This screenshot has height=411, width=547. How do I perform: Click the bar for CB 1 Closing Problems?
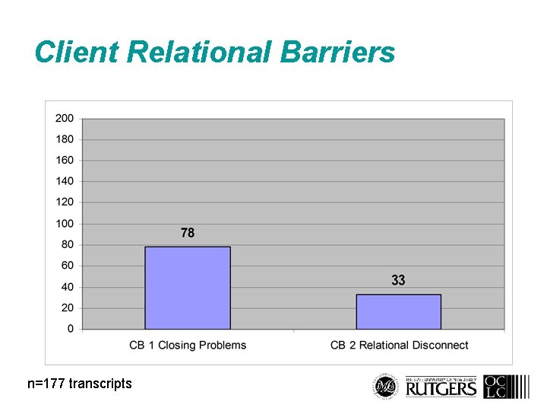188,288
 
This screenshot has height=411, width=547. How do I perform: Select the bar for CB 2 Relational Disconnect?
399,311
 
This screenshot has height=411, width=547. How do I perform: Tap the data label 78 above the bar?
188,233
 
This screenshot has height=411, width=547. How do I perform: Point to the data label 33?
399,281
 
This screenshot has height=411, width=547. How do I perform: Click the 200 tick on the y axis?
65,118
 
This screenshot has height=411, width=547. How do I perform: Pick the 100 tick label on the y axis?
65,224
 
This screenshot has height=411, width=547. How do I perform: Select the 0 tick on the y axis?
70,329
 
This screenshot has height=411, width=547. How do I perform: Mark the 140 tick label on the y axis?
65,181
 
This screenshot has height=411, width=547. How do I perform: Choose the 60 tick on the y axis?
67,266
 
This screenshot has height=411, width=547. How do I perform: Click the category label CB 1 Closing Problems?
188,346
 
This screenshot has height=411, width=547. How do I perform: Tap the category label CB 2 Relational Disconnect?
399,346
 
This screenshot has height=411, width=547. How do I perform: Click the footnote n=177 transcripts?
80,384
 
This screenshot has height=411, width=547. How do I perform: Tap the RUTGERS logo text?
441,389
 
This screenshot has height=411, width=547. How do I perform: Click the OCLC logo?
495,387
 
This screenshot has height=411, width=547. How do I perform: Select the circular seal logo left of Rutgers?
387,387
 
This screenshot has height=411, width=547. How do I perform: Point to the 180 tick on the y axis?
65,139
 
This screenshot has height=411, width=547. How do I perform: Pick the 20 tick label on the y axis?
67,308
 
